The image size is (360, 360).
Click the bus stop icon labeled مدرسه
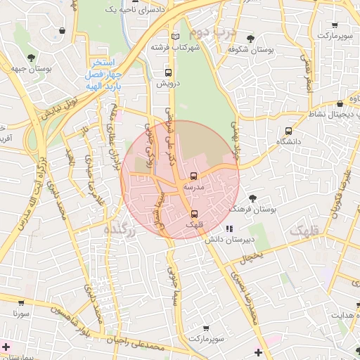[194, 176]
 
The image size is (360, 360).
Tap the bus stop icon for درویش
[168, 72]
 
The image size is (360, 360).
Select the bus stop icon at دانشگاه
[289, 131]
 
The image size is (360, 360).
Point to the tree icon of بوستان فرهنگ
[253, 199]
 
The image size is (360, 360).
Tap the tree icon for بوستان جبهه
[30, 58]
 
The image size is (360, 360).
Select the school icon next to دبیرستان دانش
[229, 229]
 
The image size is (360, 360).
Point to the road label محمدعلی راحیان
[141, 342]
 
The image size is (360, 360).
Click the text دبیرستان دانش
[229, 240]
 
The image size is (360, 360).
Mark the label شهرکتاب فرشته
[175, 47]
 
